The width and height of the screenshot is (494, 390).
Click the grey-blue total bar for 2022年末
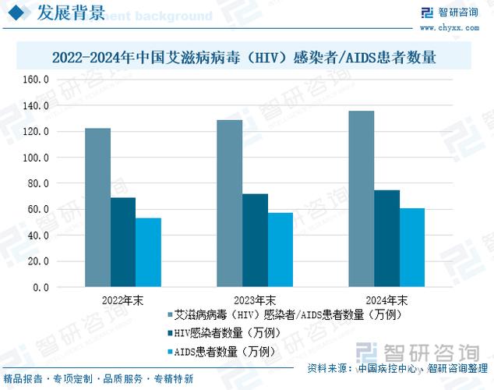(97, 207)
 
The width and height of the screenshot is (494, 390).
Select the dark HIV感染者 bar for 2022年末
(123, 242)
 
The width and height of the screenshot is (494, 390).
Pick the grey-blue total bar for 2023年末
(229, 203)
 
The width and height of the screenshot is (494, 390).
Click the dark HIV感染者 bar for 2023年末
(255, 240)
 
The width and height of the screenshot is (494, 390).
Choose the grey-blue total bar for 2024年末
(361, 199)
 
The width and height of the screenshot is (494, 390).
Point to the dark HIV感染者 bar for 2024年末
(386, 238)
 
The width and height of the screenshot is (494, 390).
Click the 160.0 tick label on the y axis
(36, 80)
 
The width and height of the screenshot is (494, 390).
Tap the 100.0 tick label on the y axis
(36, 158)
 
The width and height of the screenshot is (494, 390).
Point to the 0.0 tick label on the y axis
(41, 287)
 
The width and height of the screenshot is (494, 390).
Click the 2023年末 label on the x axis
(254, 300)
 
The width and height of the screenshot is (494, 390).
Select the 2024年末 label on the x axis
(386, 300)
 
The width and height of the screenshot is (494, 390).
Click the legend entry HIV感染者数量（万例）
(226, 333)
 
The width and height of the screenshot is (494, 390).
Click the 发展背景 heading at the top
(72, 13)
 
